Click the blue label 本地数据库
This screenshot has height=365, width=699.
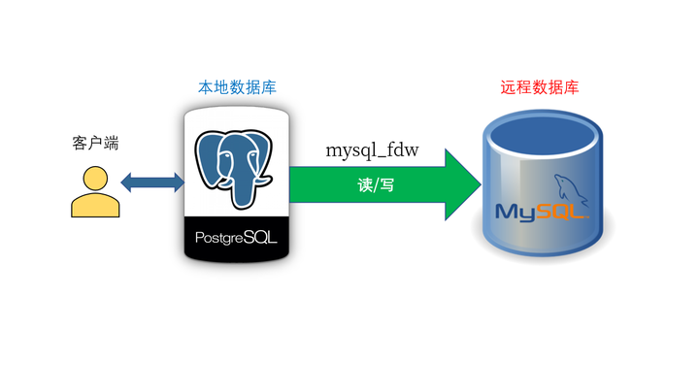(237, 87)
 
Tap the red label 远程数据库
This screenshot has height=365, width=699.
(540, 87)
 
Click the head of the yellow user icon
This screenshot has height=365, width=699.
(95, 180)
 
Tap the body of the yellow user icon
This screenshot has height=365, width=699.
(95, 205)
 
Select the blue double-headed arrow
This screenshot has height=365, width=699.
(151, 181)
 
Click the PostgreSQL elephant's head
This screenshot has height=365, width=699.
(237, 155)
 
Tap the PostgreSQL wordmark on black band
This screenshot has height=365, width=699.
(237, 237)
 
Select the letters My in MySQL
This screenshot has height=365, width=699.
(516, 212)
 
